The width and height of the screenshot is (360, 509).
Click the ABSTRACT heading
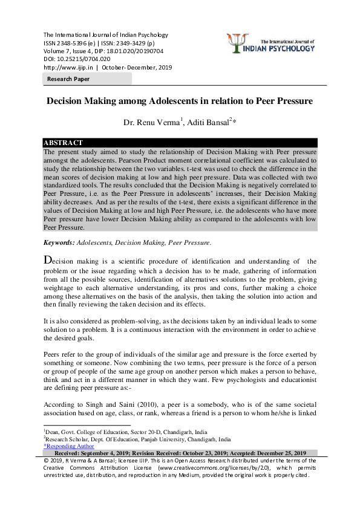click(64, 143)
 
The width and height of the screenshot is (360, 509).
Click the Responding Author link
click(69, 446)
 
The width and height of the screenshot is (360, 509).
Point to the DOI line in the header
click(76, 59)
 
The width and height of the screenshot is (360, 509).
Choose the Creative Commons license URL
click(203, 468)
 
